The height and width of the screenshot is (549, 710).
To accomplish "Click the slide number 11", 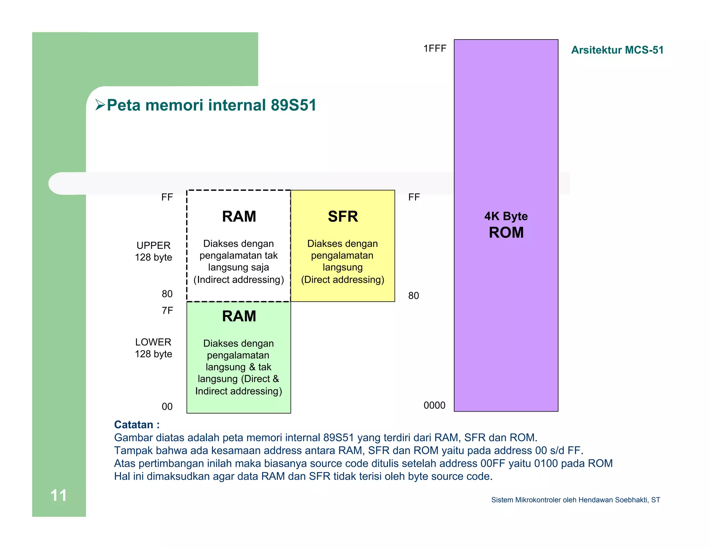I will pos(59,495).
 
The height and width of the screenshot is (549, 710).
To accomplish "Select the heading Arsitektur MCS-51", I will pos(617,50).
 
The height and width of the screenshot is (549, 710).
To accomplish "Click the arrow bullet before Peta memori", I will pos(100,105).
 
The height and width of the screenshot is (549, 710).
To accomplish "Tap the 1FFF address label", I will pos(435,49).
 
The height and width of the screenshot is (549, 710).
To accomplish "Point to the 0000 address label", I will pos(434,405).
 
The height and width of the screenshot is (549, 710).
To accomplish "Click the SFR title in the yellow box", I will pos(343,217).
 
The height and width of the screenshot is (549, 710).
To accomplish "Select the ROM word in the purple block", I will pos(506,233).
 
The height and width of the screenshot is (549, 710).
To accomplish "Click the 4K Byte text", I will pos(506,216).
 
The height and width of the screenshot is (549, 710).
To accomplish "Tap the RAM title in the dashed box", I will pos(239,217).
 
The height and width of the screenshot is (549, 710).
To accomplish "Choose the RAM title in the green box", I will pos(239,316).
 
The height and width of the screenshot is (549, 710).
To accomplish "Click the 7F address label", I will pos(167,311).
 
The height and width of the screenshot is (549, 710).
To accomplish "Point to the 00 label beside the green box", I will pos(167,406).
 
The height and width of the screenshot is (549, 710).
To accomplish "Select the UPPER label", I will pos(154,245).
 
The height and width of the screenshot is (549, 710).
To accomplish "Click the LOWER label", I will pos(153,342).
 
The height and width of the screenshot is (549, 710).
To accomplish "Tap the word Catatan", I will pos(134,425).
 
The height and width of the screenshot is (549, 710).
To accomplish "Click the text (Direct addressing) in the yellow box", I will pos(343,280).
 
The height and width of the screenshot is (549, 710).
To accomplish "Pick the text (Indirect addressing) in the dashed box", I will pos(239,280).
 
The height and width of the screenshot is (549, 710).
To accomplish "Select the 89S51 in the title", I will pos(294,105).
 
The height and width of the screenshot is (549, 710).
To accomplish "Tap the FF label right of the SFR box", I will pos(414,197).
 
